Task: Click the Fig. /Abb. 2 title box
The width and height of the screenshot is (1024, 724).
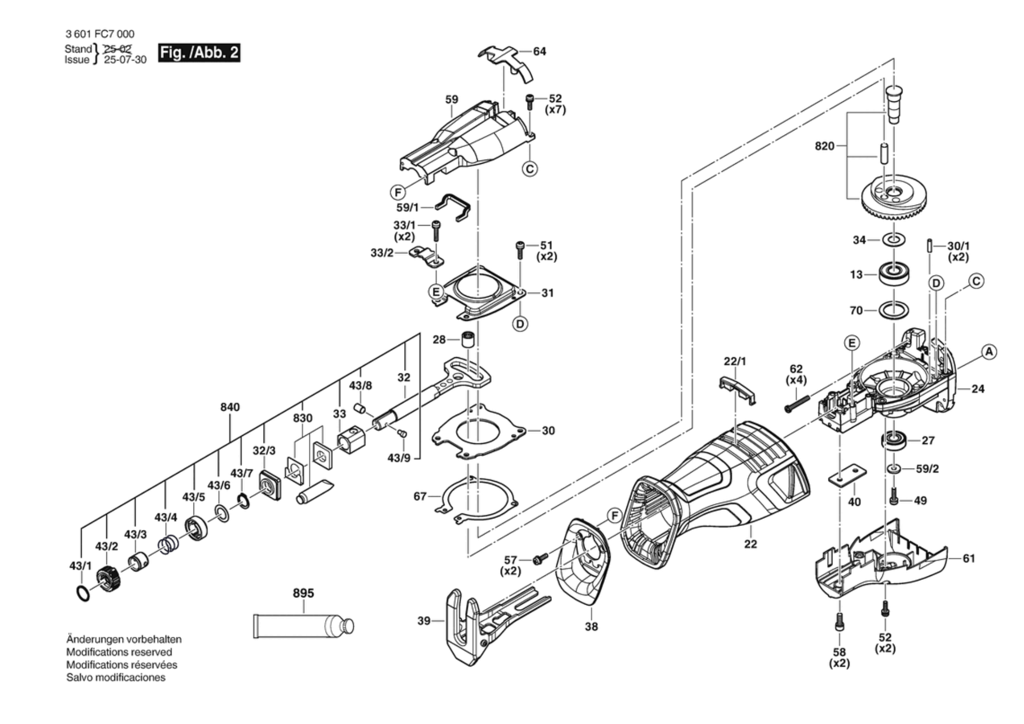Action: point(199,53)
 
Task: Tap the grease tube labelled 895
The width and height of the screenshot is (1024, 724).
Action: point(302,626)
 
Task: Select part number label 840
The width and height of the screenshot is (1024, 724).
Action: point(230,407)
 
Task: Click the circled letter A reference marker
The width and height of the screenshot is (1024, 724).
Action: point(989,352)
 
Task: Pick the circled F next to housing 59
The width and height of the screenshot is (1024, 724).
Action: point(398,192)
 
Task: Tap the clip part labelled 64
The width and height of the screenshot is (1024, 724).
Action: point(506,60)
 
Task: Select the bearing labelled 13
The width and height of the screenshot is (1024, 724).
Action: point(893,275)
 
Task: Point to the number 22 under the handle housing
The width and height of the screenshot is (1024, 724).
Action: point(750,544)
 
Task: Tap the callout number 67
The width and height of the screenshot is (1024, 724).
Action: point(420,496)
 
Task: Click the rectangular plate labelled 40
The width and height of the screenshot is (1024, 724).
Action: point(847,475)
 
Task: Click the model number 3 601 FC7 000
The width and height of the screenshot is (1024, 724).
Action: point(100,34)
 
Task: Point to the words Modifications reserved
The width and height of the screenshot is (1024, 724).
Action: point(119,652)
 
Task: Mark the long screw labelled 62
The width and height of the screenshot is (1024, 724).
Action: point(797,404)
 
